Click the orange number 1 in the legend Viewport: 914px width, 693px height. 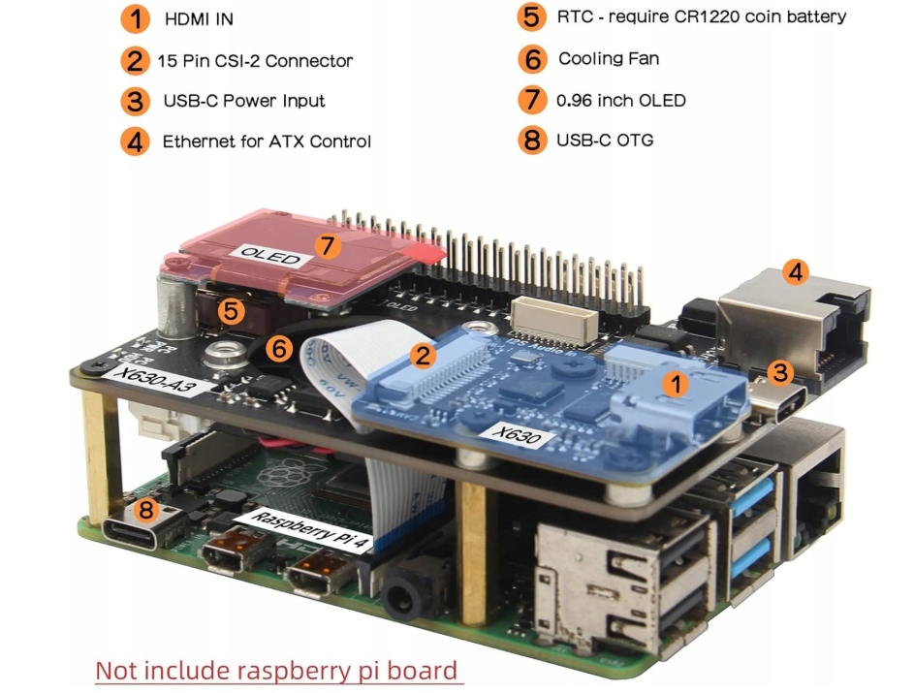pyautogui.click(x=136, y=18)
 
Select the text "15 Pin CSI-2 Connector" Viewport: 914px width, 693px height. pyautogui.click(x=255, y=61)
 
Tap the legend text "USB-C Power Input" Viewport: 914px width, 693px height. pyautogui.click(x=243, y=101)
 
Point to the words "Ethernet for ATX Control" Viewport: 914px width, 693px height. pyautogui.click(x=267, y=142)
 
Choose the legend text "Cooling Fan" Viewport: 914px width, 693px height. pyautogui.click(x=609, y=59)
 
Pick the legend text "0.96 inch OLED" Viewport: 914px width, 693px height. pyautogui.click(x=621, y=100)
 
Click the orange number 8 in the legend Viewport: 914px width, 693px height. pyautogui.click(x=531, y=140)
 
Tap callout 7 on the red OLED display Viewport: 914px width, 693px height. pyautogui.click(x=329, y=246)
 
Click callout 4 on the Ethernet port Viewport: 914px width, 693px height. pyautogui.click(x=795, y=272)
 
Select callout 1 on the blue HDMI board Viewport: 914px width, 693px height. pyautogui.click(x=675, y=384)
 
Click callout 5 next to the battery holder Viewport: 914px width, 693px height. pyautogui.click(x=231, y=311)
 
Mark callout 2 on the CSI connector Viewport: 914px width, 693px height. pyautogui.click(x=421, y=356)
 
